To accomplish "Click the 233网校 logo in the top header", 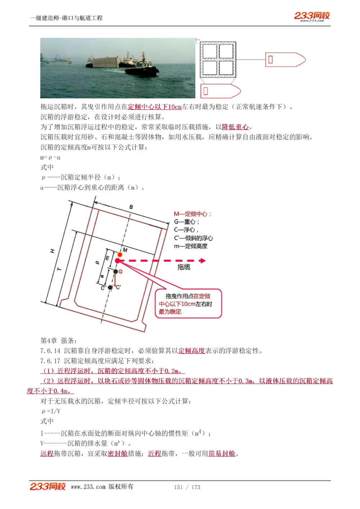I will tap(312, 16).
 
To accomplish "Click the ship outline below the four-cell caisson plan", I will tap(220, 91).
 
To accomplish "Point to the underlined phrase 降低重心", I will tap(235, 127).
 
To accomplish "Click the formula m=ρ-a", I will tap(50, 158).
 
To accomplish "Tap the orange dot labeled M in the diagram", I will tap(120, 255).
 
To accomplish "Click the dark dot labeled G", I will tap(116, 272).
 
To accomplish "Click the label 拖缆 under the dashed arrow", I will tap(184, 267).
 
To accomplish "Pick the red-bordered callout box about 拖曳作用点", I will tap(188, 304).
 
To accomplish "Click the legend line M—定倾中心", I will tap(193, 214).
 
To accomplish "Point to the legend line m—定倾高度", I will tap(191, 246).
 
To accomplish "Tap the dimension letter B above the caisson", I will tap(131, 207).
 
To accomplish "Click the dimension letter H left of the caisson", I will tap(53, 251).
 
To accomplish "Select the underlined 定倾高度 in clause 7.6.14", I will tap(192, 351).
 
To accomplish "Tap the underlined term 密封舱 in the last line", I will tap(118, 454).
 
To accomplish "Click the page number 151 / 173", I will tap(187, 487).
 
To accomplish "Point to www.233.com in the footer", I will tap(88, 487).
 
